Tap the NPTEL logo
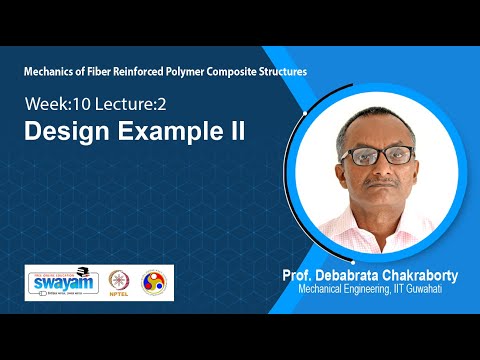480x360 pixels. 124,281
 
